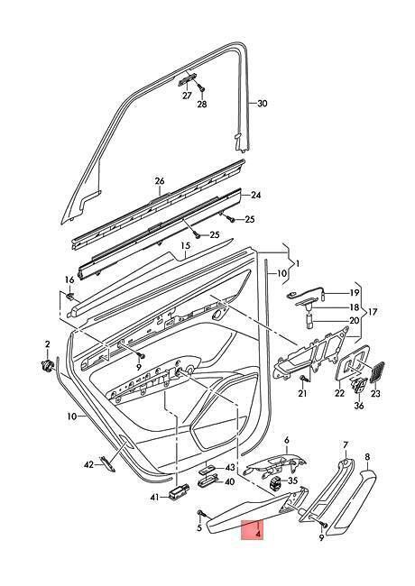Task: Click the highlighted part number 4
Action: point(258,535)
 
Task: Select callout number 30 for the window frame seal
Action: point(263,103)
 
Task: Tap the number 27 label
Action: point(187,96)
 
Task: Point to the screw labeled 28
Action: point(201,87)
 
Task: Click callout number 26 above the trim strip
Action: point(160,181)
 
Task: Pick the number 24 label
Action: point(256,195)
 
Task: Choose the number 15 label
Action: point(186,246)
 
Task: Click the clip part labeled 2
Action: point(47,366)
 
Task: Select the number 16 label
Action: point(69,279)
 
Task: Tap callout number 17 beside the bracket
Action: point(373,311)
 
